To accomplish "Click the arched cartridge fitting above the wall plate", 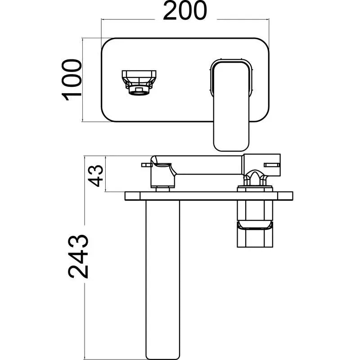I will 255,177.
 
